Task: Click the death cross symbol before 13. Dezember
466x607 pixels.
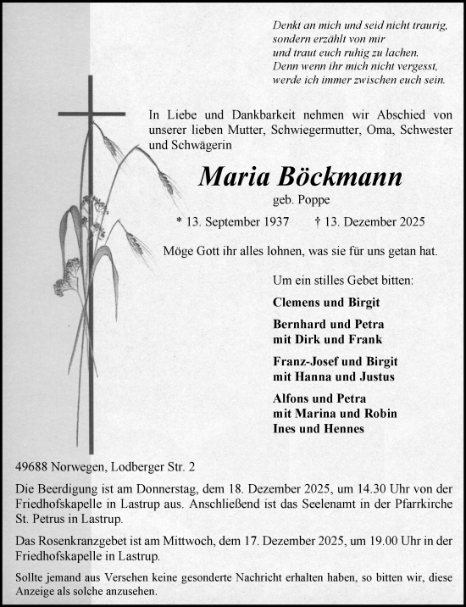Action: coord(317,223)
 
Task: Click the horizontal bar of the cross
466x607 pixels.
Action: coord(92,113)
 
